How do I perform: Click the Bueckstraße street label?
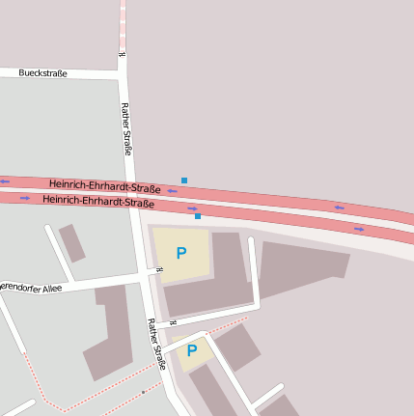click(x=42, y=73)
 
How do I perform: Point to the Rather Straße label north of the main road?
click(x=126, y=128)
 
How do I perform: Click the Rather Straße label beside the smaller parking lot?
click(x=155, y=345)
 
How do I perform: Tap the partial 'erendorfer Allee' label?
click(x=31, y=288)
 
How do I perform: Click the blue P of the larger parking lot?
click(x=180, y=253)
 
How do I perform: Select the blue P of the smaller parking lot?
click(x=191, y=350)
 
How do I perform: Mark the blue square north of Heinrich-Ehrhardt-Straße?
click(x=184, y=180)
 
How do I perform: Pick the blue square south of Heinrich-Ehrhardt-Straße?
click(x=198, y=216)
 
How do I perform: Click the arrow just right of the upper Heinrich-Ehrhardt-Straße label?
click(x=172, y=191)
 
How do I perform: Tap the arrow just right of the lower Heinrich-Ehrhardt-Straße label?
click(x=192, y=208)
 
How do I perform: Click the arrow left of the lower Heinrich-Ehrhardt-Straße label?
click(x=25, y=198)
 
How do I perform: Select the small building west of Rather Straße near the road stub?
click(x=71, y=242)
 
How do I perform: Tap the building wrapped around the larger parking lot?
click(x=228, y=280)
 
